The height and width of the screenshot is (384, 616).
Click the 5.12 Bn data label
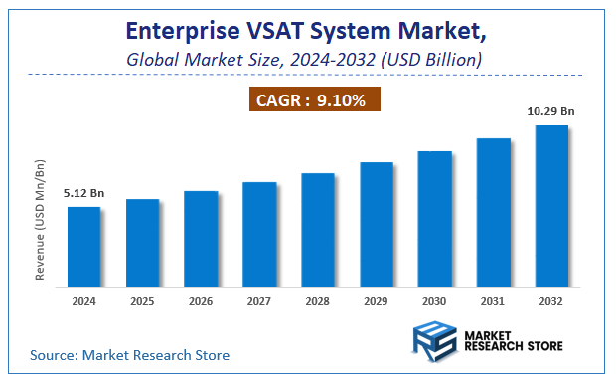click(x=83, y=192)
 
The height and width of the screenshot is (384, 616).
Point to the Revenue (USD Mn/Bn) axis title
click(x=41, y=218)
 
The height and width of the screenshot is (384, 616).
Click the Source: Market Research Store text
click(x=130, y=354)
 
